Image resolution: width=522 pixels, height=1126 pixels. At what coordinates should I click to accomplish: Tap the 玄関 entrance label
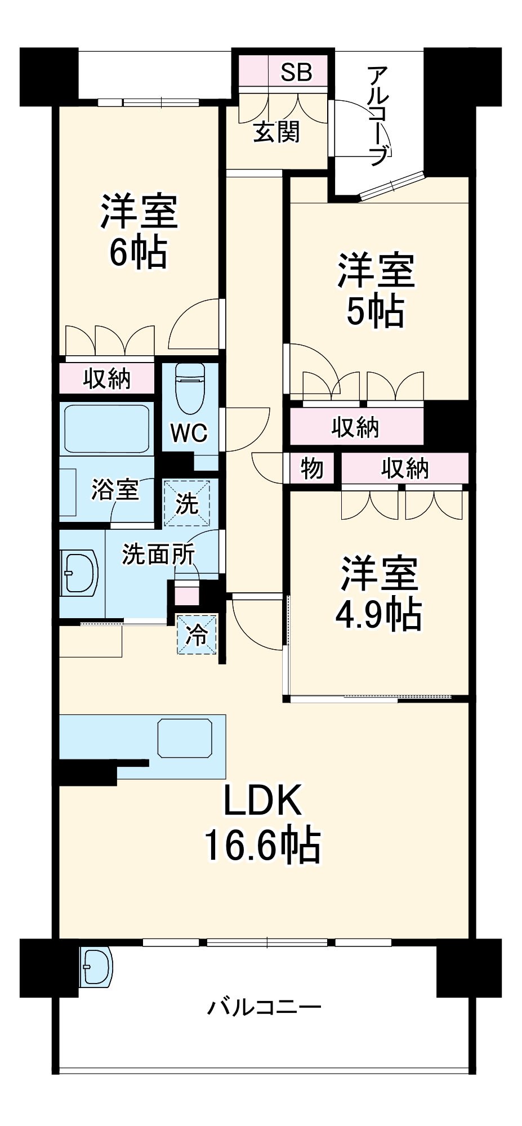276,132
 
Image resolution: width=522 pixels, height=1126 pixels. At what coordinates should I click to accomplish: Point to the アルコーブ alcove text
378,115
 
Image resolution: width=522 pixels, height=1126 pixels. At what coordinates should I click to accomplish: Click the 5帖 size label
375,311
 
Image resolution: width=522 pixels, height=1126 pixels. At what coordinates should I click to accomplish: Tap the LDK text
262,800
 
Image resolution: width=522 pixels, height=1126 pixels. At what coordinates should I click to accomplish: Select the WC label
189,433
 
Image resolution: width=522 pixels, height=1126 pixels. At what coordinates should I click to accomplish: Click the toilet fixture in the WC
190,387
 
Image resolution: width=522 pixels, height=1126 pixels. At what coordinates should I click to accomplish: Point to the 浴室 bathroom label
115,489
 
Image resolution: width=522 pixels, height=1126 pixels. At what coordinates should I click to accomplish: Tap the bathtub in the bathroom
106,429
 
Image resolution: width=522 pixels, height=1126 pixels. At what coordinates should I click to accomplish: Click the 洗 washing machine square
187,503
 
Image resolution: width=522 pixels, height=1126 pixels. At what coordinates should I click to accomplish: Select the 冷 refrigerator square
197,635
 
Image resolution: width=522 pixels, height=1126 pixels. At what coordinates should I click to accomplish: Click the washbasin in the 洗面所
79,573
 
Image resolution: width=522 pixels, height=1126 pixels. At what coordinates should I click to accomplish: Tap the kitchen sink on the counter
185,738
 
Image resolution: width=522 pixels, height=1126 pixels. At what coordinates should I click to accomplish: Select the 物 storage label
311,468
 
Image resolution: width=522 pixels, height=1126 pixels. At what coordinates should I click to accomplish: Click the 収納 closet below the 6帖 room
107,378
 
